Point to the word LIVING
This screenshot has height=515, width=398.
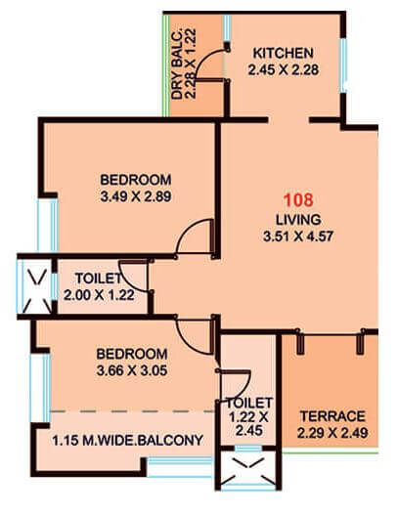(293, 218)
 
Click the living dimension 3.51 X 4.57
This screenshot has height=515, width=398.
(293, 235)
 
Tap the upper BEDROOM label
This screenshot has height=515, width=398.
(136, 180)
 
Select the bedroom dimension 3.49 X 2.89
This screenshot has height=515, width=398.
(136, 196)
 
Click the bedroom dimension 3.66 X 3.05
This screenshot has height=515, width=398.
(133, 371)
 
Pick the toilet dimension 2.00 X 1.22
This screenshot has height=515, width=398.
(98, 293)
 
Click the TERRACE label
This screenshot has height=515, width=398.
(332, 414)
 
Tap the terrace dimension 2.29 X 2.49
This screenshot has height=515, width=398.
(332, 431)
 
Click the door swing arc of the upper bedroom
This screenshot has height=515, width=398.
(196, 237)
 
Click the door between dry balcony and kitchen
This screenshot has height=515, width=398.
(226, 66)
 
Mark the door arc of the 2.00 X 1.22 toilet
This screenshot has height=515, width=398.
(134, 279)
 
